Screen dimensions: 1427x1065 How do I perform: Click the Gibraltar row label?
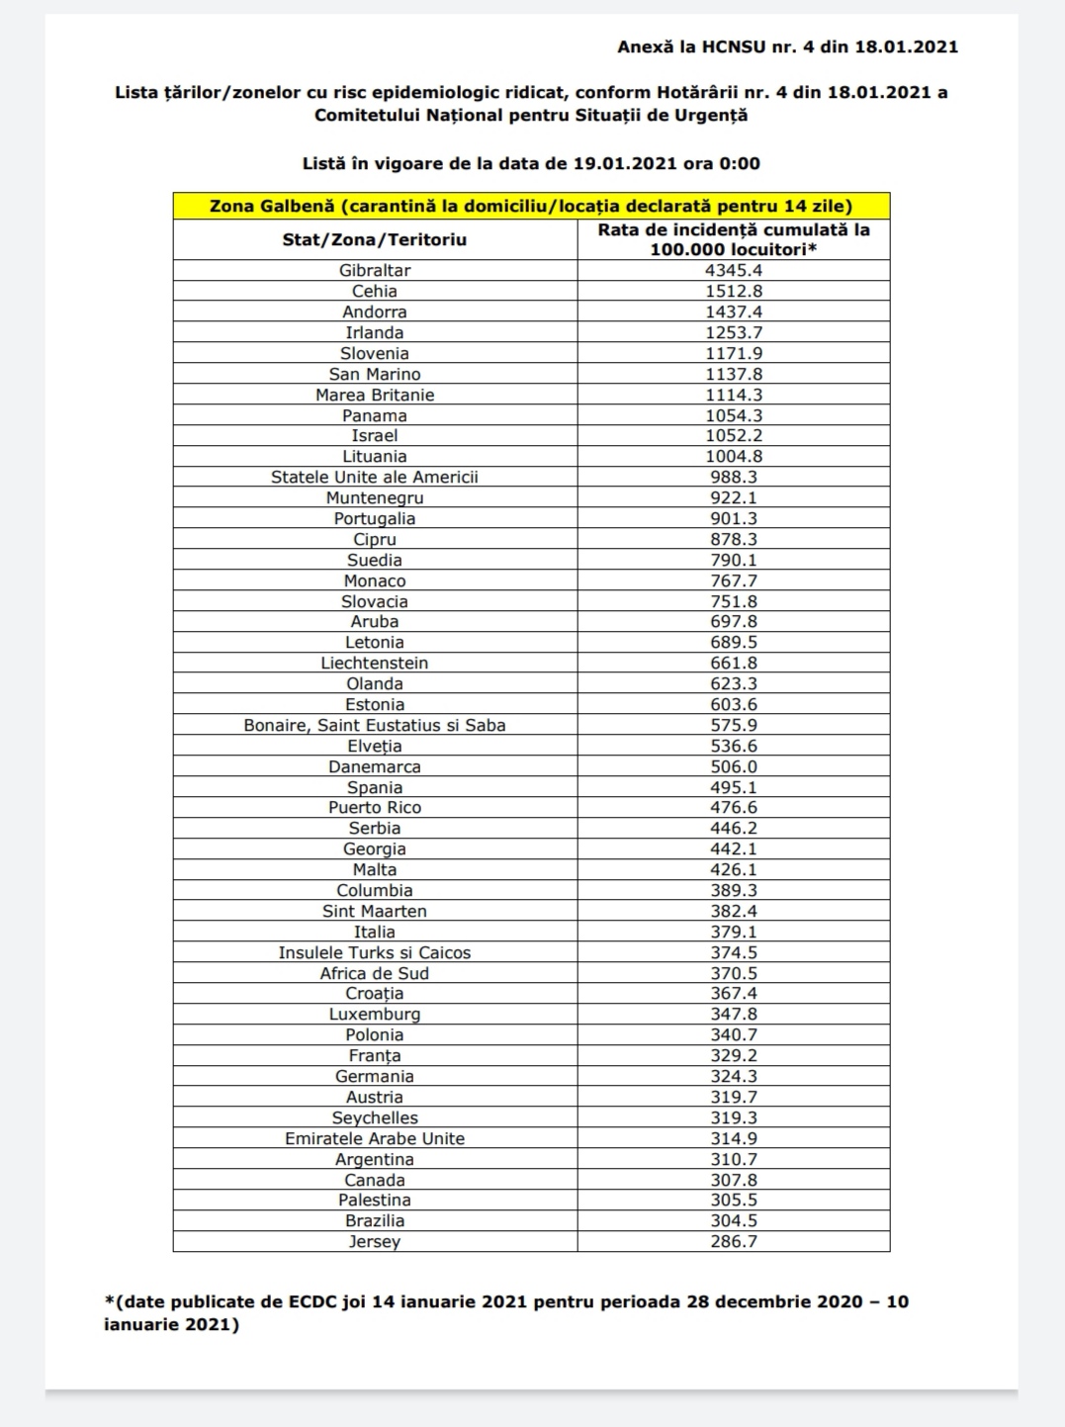pos(375,270)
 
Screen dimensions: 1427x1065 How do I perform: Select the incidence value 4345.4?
pos(734,270)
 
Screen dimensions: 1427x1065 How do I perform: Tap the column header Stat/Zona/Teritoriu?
pos(375,239)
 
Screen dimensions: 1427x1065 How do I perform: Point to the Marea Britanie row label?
pos(375,395)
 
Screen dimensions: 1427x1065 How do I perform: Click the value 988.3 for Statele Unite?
pos(734,477)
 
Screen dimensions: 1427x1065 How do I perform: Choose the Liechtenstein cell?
pos(375,663)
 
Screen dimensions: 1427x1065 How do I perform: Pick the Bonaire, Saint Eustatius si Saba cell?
pos(375,725)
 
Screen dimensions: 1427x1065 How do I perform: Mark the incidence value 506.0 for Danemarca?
pos(734,766)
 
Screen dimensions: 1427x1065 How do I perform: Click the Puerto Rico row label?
pos(375,807)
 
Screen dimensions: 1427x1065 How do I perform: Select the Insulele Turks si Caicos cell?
pos(375,952)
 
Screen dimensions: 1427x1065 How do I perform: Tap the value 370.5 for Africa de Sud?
pos(734,973)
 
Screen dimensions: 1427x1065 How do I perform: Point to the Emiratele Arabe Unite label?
pos(375,1138)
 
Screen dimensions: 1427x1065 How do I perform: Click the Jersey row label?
pos(375,1241)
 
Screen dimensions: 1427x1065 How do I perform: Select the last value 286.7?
pos(734,1241)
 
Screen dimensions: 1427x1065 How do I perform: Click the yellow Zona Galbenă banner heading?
pos(531,206)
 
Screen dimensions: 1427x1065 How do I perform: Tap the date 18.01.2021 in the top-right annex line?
pos(907,46)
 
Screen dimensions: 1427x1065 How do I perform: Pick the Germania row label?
pos(375,1076)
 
